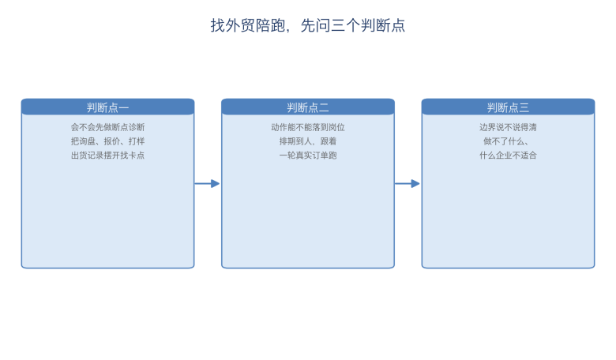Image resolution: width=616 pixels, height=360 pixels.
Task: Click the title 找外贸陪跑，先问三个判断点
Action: [x=308, y=25]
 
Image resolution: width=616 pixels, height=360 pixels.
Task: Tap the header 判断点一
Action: [x=107, y=107]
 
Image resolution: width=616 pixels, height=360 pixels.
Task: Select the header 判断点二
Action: [x=308, y=107]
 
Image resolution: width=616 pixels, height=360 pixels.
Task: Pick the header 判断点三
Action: [x=508, y=107]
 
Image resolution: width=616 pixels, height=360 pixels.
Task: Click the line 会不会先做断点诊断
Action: [x=107, y=127]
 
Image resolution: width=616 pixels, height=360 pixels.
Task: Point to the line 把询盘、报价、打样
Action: [x=107, y=141]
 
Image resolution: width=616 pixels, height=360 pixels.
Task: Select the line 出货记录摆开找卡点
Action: [x=107, y=156]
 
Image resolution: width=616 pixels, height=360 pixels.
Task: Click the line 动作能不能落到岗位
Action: [x=308, y=127]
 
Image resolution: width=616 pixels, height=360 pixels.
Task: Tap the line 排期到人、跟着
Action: [x=308, y=141]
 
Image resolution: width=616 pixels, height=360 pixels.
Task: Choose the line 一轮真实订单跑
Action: [x=308, y=156]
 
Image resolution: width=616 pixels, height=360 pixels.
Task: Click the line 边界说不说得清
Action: [x=508, y=127]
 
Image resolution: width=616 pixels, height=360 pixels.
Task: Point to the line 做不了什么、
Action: [x=506, y=141]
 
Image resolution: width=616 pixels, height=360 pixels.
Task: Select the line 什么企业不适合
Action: [x=508, y=156]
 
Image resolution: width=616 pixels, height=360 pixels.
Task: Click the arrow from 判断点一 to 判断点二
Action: [x=207, y=183]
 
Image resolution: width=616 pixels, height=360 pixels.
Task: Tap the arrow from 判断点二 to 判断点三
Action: [x=408, y=183]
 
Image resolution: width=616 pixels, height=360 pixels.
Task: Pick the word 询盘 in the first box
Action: [x=87, y=141]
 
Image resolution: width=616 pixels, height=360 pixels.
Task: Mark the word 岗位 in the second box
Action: [x=336, y=127]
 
